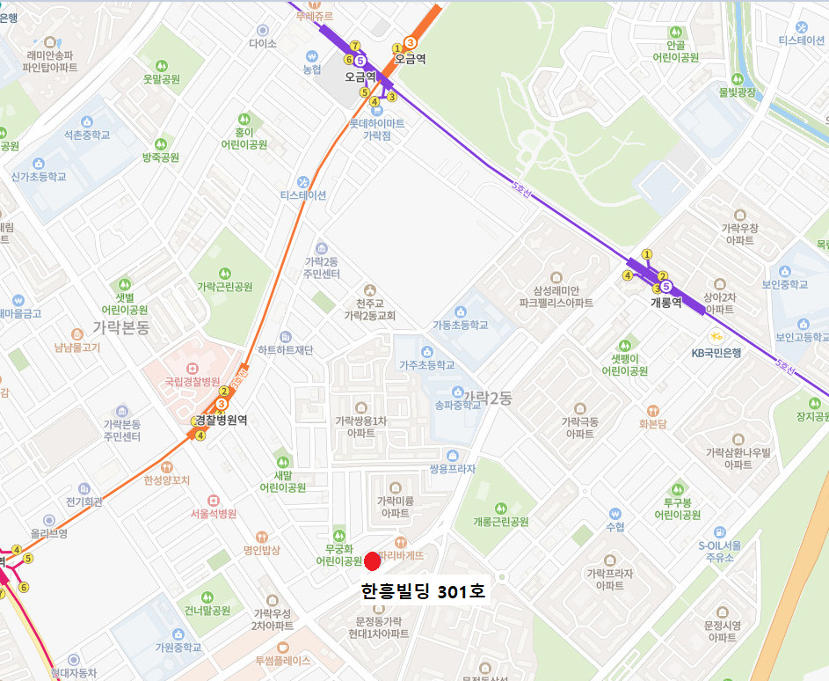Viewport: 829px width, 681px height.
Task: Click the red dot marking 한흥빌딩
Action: coord(372,560)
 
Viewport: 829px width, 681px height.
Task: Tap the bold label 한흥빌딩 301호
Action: coord(423,592)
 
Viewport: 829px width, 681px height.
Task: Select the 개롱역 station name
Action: coord(665,302)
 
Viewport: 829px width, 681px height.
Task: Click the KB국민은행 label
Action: coord(716,353)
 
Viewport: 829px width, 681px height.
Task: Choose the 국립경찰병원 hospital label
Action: coord(192,382)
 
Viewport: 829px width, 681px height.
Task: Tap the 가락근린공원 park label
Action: coord(224,287)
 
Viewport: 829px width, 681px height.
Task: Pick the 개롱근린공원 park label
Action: coord(500,522)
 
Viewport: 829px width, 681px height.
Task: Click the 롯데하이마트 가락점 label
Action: coord(377,129)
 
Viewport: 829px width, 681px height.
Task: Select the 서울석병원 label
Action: coord(215,514)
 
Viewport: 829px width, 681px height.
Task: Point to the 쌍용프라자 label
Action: coord(452,469)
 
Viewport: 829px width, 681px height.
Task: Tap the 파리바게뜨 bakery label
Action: coord(402,555)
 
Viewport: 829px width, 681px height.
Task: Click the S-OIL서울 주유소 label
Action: coord(722,551)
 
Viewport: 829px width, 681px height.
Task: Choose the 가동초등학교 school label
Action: coord(460,325)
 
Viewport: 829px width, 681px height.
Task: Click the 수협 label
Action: coord(615,527)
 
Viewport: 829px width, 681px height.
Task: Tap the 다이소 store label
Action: coord(262,43)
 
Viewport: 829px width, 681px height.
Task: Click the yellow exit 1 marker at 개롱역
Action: coord(647,254)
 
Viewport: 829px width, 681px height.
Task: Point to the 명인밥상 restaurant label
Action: coord(261,550)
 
